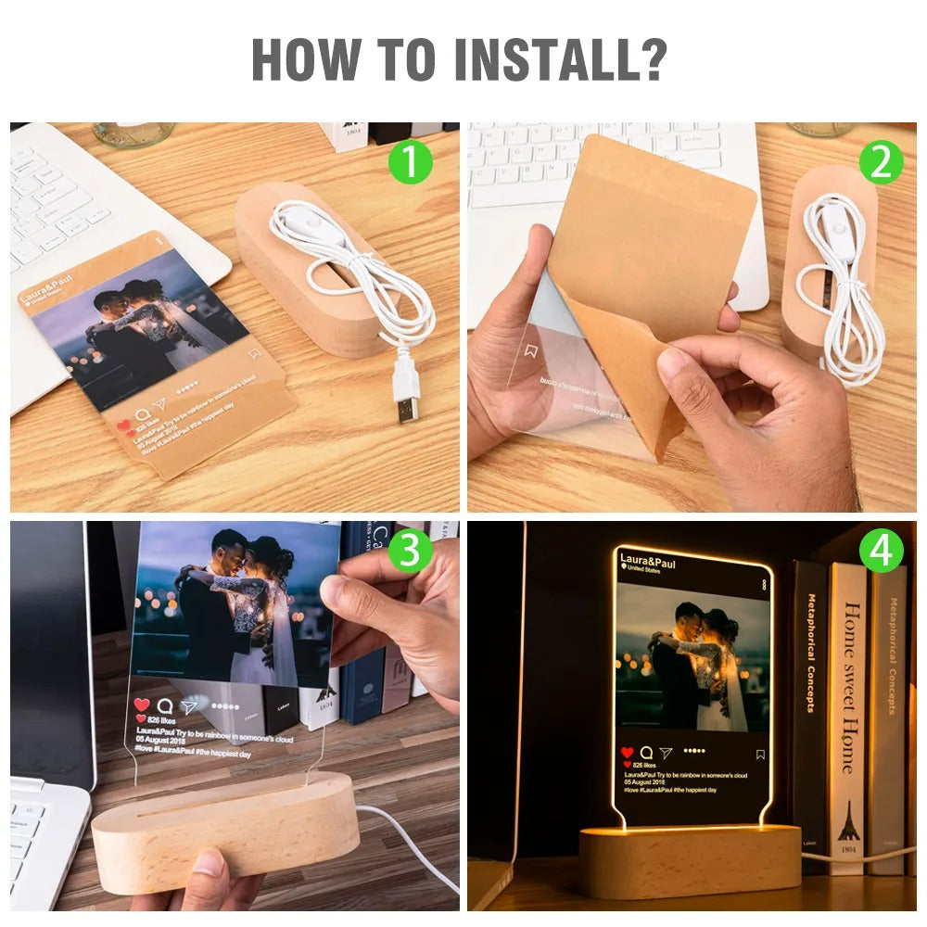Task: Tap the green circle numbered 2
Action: point(880,163)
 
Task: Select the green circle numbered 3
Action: point(410,552)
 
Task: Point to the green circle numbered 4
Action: point(880,552)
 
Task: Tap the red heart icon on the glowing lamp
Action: point(628,753)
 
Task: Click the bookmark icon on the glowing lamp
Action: point(760,755)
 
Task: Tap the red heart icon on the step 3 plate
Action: point(142,705)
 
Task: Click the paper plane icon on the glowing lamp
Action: point(666,754)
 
